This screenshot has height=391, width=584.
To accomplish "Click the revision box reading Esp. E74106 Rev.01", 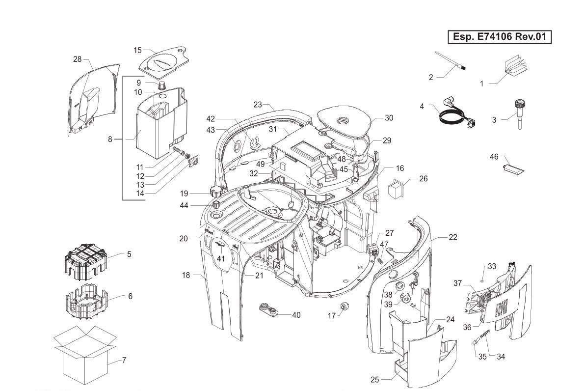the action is (x=500, y=36).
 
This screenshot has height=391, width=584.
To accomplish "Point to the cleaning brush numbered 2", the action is (x=451, y=61).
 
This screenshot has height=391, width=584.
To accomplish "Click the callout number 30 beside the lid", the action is (x=389, y=118).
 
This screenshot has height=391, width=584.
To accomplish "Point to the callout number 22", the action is (x=453, y=237).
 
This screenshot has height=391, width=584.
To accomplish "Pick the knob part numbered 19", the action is (x=215, y=191).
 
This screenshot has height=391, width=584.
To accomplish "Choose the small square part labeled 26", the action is (x=395, y=189).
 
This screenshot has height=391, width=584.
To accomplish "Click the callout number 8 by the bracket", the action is (x=110, y=140).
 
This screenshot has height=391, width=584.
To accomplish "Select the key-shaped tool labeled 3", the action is (x=518, y=114).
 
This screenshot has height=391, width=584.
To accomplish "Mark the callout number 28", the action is (x=77, y=59).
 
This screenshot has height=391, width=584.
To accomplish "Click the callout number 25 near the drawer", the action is (x=374, y=380).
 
